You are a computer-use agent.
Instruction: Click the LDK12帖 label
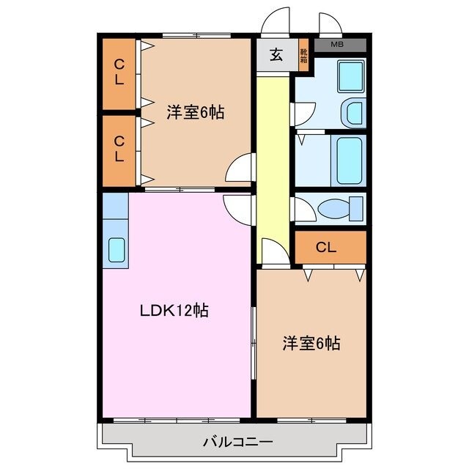174,310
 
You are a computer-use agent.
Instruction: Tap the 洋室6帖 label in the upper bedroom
194,112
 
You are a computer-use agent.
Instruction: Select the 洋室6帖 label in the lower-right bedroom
311,343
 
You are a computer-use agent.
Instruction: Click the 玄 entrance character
276,55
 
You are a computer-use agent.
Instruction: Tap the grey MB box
337,45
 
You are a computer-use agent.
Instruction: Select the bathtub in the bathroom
347,159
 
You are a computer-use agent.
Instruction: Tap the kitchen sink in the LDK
117,249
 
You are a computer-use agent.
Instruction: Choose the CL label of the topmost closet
118,73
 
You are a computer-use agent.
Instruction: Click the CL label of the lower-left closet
118,149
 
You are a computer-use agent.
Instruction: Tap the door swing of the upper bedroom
241,170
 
